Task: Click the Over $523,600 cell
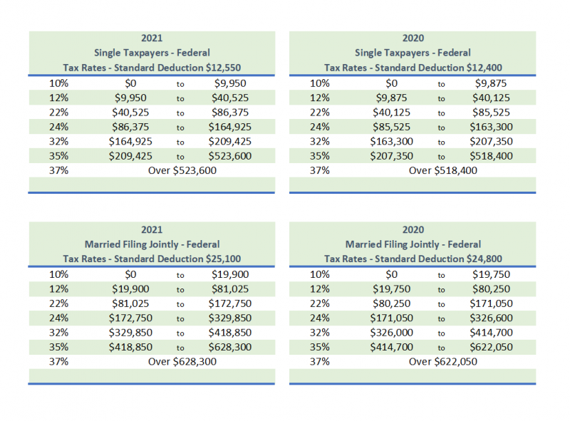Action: click(182, 170)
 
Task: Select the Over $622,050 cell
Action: click(442, 361)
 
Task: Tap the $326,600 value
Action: click(490, 318)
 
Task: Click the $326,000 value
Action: click(391, 333)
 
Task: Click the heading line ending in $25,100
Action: click(152, 259)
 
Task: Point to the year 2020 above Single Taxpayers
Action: click(413, 37)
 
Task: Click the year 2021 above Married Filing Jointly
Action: click(152, 229)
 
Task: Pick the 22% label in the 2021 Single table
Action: click(58, 112)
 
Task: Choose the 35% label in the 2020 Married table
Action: click(321, 347)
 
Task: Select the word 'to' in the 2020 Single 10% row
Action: click(442, 83)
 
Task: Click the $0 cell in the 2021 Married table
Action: click(130, 274)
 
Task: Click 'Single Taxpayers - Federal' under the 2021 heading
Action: click(152, 53)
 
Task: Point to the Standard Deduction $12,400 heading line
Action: click(413, 68)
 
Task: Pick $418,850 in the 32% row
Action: click(229, 333)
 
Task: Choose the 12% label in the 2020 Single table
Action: click(321, 98)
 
